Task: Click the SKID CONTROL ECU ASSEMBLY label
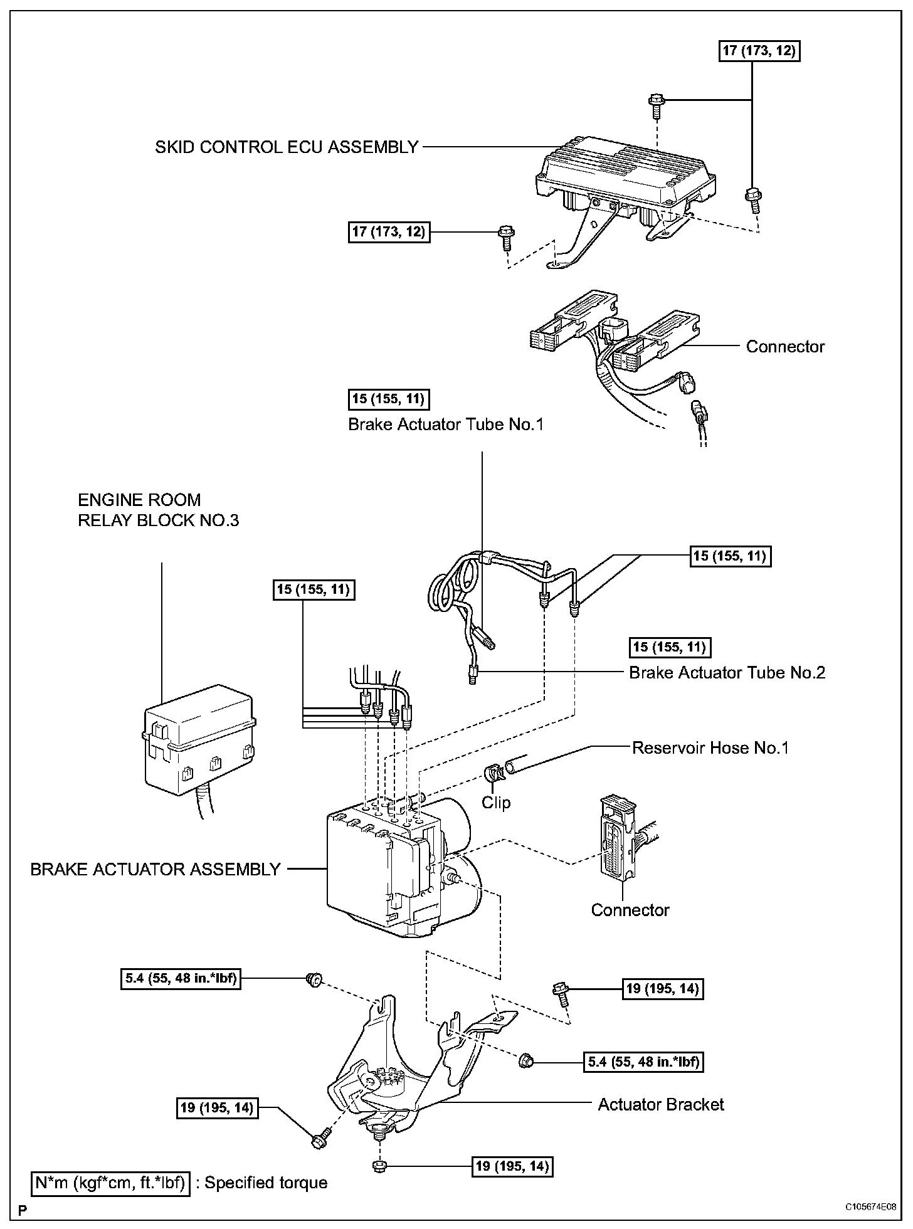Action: [287, 147]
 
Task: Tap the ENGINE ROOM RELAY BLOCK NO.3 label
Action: [158, 510]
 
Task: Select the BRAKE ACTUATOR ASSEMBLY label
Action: [156, 870]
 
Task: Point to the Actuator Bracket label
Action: [661, 1105]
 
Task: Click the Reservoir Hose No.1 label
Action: [710, 748]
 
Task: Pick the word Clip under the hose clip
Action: [496, 803]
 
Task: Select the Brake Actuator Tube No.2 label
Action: [727, 673]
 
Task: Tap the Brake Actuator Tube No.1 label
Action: [446, 425]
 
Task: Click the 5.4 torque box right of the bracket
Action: [643, 1062]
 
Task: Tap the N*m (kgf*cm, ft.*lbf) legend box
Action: [110, 1183]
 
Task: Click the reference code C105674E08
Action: [870, 1206]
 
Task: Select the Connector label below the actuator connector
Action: [630, 910]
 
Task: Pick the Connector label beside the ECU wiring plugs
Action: [785, 347]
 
